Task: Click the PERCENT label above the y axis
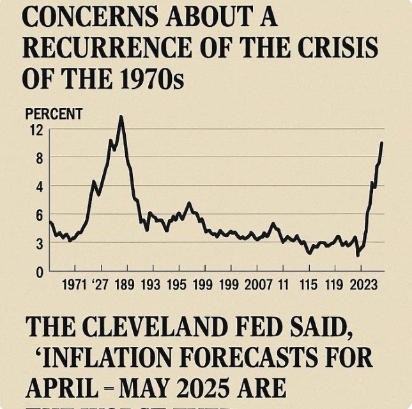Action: point(54,115)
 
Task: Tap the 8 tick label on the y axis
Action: point(39,158)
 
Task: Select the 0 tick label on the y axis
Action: point(39,272)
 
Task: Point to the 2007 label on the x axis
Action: point(258,284)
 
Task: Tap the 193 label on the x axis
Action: point(151,284)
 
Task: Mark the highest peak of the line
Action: point(121,117)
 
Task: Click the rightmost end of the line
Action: point(381,143)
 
